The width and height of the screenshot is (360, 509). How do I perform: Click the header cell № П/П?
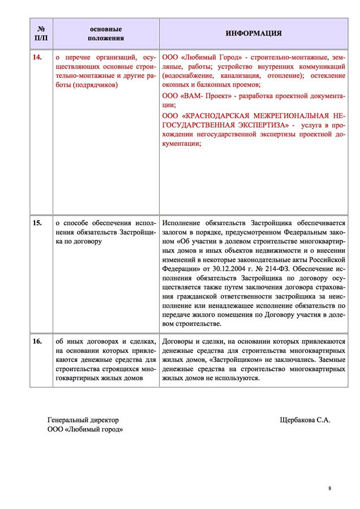click(x=41, y=33)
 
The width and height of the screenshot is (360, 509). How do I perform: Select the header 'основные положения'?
click(x=106, y=33)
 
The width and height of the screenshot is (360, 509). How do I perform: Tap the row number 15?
click(x=38, y=223)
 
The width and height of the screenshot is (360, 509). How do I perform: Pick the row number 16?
click(x=38, y=341)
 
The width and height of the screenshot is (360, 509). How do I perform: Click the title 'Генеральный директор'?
click(x=83, y=420)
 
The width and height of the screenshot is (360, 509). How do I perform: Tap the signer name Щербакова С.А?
click(x=305, y=420)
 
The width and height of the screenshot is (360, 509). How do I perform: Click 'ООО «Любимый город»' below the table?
click(x=85, y=430)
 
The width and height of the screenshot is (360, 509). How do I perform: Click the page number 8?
click(x=329, y=488)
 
